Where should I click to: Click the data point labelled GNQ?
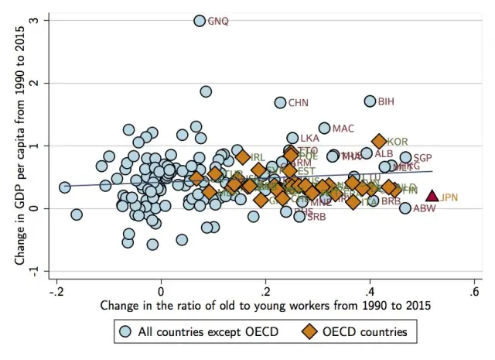click(x=200, y=21)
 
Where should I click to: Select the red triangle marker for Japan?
click(x=432, y=197)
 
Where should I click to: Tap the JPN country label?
click(x=449, y=197)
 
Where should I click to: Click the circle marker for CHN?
click(x=281, y=102)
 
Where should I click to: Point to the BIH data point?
click(x=370, y=101)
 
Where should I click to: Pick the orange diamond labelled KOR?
click(x=379, y=141)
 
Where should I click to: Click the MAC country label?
click(x=343, y=129)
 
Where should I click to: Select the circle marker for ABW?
click(x=405, y=207)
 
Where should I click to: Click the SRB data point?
click(x=299, y=216)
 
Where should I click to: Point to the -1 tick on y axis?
click(x=34, y=271)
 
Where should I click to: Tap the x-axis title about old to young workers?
click(x=265, y=307)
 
